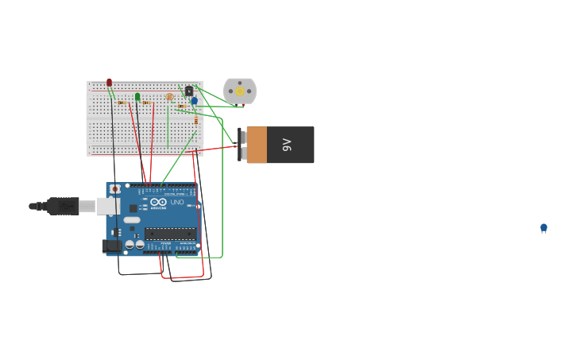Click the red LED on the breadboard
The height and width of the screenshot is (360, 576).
pyautogui.click(x=110, y=83)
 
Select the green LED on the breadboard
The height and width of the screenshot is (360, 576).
pyautogui.click(x=137, y=97)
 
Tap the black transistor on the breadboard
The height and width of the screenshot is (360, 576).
pyautogui.click(x=188, y=91)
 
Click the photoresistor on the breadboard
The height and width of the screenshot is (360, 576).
pyautogui.click(x=169, y=97)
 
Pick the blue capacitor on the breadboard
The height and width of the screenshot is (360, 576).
pyautogui.click(x=194, y=101)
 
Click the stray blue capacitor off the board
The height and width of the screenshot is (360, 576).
pyautogui.click(x=543, y=228)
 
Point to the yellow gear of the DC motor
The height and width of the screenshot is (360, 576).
pyautogui.click(x=239, y=91)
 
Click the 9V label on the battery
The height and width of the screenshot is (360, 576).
pyautogui.click(x=288, y=145)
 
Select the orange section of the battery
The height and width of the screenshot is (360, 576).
pyautogui.click(x=257, y=145)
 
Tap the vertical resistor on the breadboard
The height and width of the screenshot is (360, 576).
pyautogui.click(x=196, y=121)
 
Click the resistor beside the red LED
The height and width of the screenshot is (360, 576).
pyautogui.click(x=122, y=103)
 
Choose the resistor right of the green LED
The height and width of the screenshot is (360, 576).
pyautogui.click(x=146, y=103)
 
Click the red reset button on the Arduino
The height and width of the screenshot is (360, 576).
pyautogui.click(x=115, y=189)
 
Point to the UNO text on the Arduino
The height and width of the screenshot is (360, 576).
pyautogui.click(x=177, y=203)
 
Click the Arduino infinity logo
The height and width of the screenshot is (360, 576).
pyautogui.click(x=157, y=202)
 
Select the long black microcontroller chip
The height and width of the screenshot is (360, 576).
pyautogui.click(x=170, y=234)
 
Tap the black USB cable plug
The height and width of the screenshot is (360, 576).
pyautogui.click(x=63, y=207)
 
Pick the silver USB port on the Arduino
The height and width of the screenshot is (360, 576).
pyautogui.click(x=107, y=207)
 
